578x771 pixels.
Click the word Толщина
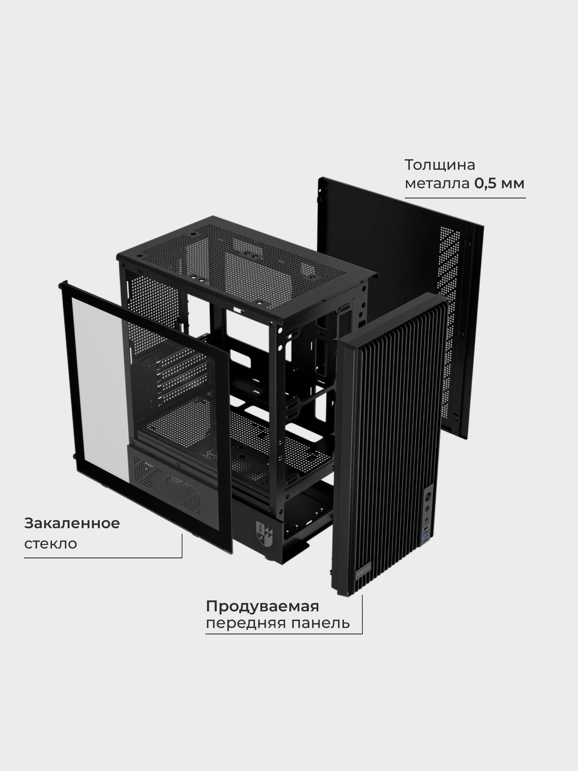click(440, 165)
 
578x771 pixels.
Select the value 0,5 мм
click(499, 183)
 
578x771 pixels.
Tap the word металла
click(437, 183)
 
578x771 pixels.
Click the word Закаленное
click(72, 524)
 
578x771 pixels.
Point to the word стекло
click(50, 544)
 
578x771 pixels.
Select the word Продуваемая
click(262, 606)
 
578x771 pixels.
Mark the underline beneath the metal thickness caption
click(465, 198)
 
